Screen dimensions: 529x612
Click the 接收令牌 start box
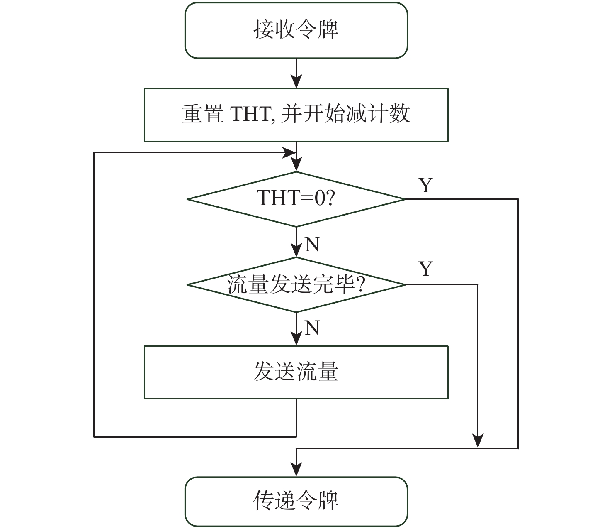click(x=296, y=30)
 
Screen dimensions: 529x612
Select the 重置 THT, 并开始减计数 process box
click(x=296, y=115)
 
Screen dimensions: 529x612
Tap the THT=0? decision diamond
click(x=296, y=199)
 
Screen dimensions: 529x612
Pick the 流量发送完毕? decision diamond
click(x=296, y=285)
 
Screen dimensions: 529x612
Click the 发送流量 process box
click(x=296, y=372)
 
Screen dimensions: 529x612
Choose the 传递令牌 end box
click(x=296, y=502)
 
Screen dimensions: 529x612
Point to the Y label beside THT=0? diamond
click(x=426, y=185)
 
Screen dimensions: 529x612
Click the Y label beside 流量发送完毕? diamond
click(x=426, y=269)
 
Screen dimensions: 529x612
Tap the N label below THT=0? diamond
click(x=312, y=244)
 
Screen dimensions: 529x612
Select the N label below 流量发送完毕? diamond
click(x=312, y=328)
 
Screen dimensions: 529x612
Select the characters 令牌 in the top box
click(x=317, y=30)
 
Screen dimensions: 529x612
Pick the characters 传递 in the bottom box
click(x=274, y=502)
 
